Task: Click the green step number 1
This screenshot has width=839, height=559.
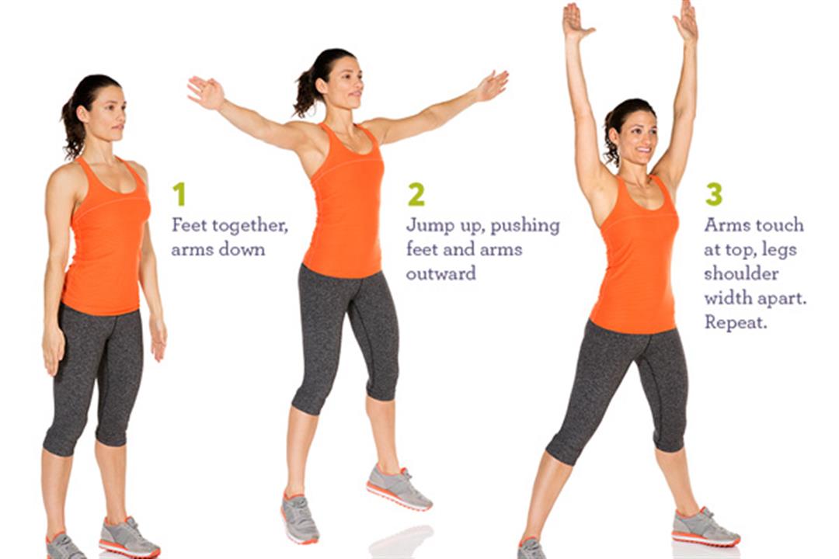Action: (x=179, y=193)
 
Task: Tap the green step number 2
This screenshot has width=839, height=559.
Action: (x=416, y=193)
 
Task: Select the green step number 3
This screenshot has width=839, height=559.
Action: (x=713, y=193)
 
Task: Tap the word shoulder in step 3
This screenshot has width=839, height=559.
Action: (x=741, y=274)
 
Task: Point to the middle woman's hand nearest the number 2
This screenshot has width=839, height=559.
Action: (x=492, y=85)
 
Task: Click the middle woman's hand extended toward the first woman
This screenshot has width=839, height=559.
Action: (x=205, y=92)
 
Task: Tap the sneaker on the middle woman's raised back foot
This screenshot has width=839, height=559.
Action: (x=399, y=487)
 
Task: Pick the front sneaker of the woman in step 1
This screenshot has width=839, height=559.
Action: (x=128, y=537)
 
